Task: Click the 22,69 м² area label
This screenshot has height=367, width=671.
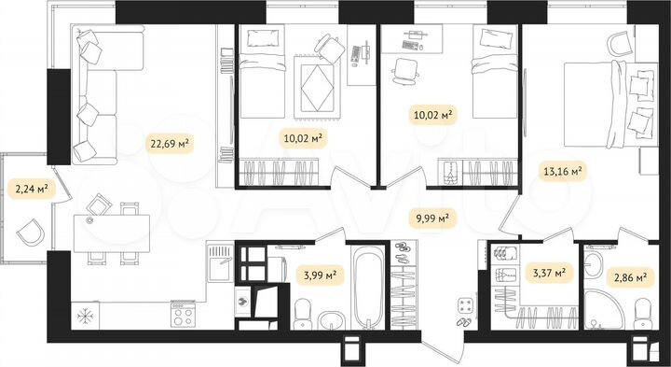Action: (170, 143)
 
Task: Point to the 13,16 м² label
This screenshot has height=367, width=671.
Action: (562, 171)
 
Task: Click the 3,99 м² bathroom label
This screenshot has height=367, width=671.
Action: (319, 274)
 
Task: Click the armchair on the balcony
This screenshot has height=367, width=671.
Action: (31, 229)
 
